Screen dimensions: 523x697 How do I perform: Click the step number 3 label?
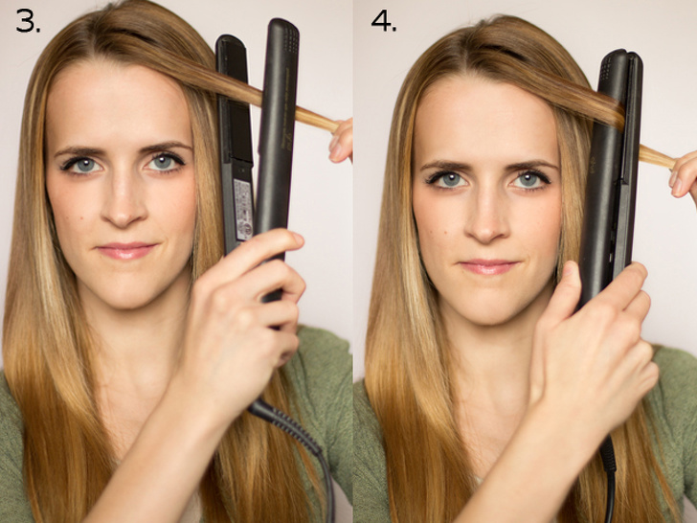(x=28, y=21)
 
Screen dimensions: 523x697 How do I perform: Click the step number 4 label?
(x=383, y=21)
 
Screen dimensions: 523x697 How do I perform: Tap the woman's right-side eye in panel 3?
(x=163, y=162)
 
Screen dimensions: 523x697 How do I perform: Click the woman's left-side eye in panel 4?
(x=446, y=179)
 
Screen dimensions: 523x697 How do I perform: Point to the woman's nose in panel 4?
(x=488, y=222)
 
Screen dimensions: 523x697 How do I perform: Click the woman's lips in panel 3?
(x=126, y=251)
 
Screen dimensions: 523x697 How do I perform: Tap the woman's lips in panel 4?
(x=489, y=266)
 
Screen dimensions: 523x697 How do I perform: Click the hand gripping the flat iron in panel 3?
(x=244, y=316)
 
